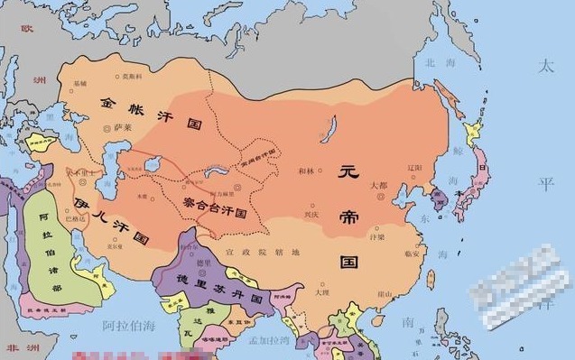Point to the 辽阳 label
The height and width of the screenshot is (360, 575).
point(414,168)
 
